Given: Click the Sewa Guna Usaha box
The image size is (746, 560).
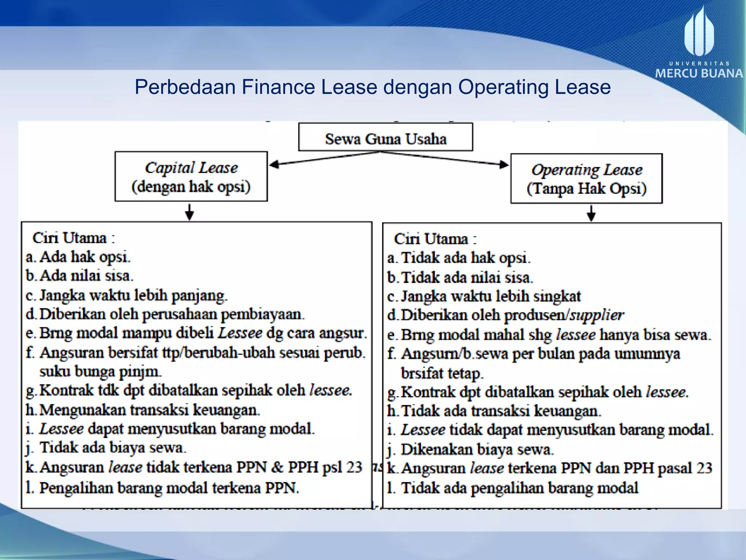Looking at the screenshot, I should point(385,137).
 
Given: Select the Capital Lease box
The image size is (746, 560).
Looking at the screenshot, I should point(191,177).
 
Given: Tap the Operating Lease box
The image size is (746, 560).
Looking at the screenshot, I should point(586,179).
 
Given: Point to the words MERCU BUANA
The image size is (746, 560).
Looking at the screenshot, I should point(699,74).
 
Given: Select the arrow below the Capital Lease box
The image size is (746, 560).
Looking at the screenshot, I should point(189,212).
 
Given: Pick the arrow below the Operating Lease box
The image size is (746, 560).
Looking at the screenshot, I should point(592,213).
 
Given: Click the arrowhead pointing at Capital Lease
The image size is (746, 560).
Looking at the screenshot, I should point(274,164).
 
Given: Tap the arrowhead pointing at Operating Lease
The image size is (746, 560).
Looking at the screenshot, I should point(504,164).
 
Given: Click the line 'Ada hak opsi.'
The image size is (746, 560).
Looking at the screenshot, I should point(85,257).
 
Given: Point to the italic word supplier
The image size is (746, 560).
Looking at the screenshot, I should point(597,315).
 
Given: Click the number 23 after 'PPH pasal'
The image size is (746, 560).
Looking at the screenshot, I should point(704,468).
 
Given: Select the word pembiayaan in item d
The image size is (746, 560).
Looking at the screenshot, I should point(262,314).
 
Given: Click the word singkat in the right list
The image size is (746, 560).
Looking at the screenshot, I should point(557,296).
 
